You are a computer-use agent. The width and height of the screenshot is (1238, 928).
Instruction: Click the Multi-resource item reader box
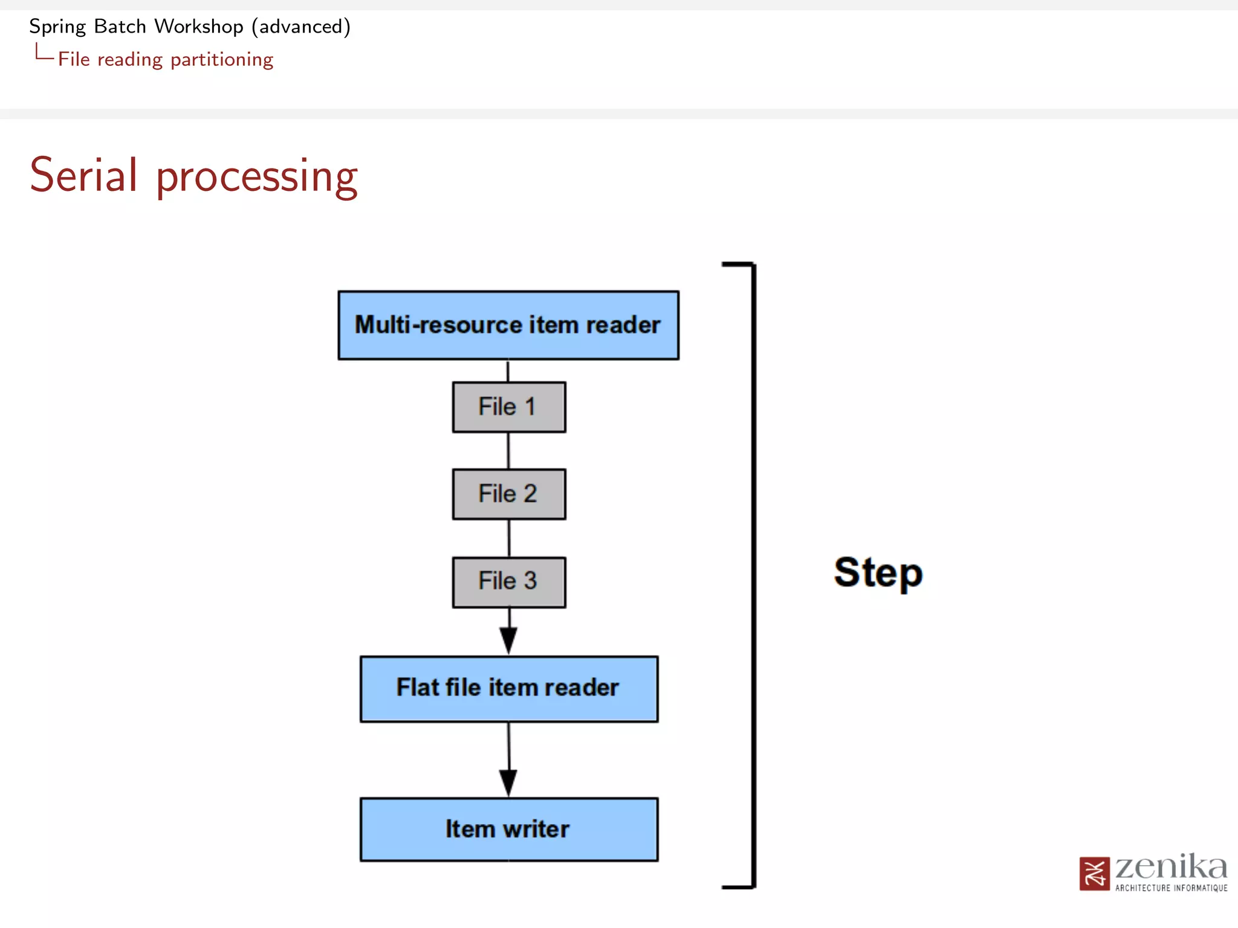pos(508,325)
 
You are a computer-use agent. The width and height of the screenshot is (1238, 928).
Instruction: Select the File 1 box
pos(508,407)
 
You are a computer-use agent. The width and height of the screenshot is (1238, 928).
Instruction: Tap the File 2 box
pos(508,494)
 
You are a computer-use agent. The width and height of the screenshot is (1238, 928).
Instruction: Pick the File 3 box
pos(508,581)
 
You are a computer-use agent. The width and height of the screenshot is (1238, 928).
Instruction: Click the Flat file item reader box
pos(508,688)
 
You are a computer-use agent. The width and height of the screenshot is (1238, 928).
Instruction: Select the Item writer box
pos(508,829)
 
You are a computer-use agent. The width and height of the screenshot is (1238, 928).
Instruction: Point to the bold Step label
pos(878,573)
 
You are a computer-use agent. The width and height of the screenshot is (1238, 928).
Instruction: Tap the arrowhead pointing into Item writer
pos(508,783)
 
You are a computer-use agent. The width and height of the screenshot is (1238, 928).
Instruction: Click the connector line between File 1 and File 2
pos(508,451)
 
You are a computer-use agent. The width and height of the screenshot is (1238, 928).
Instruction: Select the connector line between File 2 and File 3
pos(509,538)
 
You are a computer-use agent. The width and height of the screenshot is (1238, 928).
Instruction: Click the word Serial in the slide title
pos(83,175)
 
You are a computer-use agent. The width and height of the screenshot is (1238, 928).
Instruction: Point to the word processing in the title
pos(257,176)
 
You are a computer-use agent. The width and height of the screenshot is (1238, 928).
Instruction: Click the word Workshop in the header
pos(198,27)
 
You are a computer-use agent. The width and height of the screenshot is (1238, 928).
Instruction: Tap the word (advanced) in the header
pos(301,27)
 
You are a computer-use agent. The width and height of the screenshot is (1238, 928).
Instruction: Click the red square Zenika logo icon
pos(1094,874)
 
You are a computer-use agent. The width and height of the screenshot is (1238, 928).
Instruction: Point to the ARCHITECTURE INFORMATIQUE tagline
pos(1171,888)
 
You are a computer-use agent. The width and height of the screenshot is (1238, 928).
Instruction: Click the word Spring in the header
pos(57,27)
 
